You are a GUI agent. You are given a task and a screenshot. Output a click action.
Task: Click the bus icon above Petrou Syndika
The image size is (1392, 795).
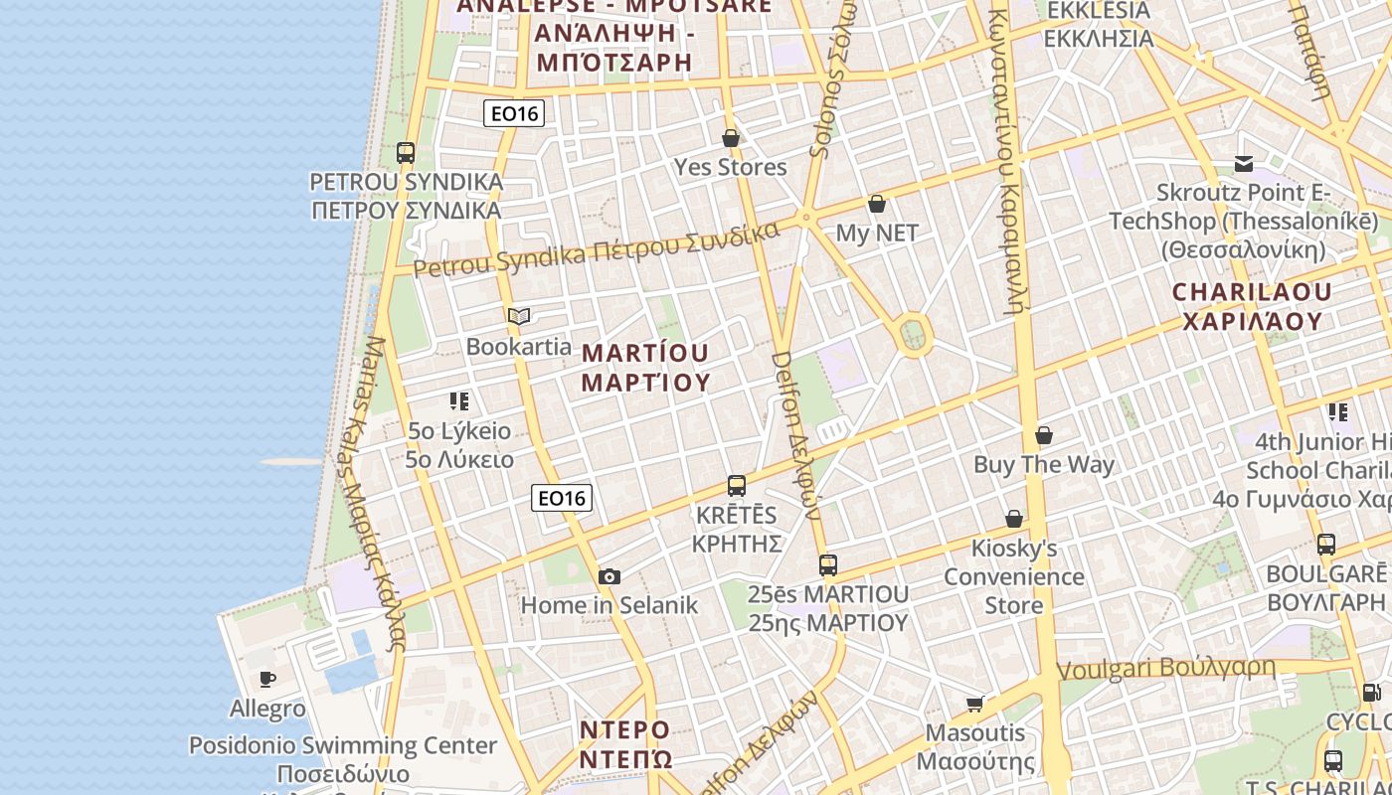(x=406, y=153)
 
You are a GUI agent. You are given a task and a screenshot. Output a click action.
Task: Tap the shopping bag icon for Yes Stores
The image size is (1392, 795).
(x=731, y=138)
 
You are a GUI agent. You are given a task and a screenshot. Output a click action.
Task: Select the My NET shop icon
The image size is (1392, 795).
(x=877, y=204)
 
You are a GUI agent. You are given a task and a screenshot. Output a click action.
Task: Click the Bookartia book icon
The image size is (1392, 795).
(x=519, y=317)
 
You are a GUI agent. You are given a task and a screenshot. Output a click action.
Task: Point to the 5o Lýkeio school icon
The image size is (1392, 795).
(x=459, y=401)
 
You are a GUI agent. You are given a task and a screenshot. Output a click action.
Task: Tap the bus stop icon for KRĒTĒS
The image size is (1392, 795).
(x=737, y=486)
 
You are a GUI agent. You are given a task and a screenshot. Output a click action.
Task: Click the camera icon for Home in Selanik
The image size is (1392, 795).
(x=609, y=576)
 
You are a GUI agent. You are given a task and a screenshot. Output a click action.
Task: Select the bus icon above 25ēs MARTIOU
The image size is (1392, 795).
(x=828, y=564)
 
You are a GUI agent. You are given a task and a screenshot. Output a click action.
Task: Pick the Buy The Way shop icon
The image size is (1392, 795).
(x=1044, y=435)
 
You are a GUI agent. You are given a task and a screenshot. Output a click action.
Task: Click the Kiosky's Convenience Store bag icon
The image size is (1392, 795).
(x=1014, y=519)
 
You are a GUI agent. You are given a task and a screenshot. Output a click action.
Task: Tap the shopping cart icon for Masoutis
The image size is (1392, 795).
(x=974, y=705)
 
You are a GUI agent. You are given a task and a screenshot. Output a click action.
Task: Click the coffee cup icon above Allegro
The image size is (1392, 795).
(x=267, y=680)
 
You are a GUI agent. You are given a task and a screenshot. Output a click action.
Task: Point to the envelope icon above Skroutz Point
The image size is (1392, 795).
(x=1244, y=163)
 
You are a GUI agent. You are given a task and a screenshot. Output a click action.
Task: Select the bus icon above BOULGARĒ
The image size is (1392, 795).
(x=1326, y=545)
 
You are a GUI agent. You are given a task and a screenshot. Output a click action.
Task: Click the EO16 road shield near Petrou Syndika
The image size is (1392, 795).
(x=514, y=113)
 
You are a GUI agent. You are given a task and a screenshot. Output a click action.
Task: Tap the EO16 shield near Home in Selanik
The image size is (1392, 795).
(x=562, y=498)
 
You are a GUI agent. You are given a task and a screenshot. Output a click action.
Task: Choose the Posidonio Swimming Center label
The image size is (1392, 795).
(x=343, y=745)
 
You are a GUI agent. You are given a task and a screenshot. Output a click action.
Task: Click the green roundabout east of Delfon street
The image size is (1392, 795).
(x=914, y=335)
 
